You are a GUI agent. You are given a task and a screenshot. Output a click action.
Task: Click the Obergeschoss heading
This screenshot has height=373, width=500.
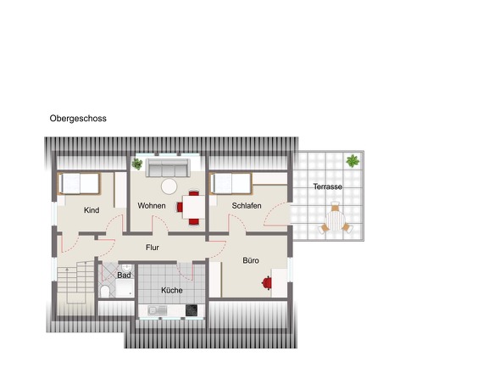click(78, 119)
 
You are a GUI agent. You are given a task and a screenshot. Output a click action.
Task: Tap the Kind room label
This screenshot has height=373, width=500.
click(92, 210)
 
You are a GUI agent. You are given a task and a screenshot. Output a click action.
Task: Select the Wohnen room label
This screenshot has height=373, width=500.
click(152, 206)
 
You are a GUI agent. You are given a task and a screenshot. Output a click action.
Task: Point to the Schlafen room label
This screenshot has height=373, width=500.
click(247, 206)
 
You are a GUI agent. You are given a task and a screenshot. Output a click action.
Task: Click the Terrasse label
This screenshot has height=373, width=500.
click(327, 186)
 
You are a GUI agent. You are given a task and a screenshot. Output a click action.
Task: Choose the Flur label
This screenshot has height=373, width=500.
click(153, 248)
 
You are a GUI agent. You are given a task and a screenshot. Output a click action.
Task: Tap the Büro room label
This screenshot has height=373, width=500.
click(251, 260)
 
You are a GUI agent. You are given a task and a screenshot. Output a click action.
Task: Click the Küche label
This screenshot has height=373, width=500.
click(172, 291)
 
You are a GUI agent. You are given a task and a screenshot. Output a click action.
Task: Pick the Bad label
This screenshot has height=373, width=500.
click(124, 275)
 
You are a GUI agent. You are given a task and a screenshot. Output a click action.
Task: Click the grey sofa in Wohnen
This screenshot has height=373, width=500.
click(168, 168)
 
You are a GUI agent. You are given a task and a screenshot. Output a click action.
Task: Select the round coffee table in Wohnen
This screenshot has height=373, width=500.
click(169, 186)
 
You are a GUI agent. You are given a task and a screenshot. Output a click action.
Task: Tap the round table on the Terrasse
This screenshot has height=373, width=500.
click(335, 221)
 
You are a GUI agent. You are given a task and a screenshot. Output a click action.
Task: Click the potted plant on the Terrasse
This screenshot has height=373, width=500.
click(353, 161)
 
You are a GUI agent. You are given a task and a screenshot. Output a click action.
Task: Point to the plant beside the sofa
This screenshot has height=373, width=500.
click(137, 164)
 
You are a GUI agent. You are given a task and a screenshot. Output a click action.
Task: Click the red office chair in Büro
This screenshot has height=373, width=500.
click(267, 282)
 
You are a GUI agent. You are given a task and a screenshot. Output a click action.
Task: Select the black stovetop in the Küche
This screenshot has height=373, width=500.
click(192, 310)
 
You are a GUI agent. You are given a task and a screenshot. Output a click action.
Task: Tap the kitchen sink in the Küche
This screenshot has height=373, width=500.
click(158, 310)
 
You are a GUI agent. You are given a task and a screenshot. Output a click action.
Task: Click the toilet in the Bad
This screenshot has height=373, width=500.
click(104, 292)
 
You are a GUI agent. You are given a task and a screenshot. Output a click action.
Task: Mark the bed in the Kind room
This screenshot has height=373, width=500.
click(80, 183)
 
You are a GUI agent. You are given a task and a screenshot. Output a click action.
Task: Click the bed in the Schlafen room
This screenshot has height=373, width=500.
click(231, 183)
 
